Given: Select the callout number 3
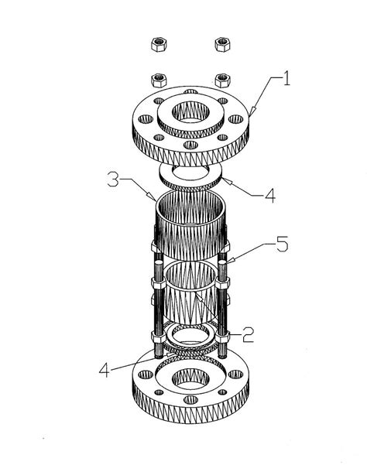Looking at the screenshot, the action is [x=113, y=180].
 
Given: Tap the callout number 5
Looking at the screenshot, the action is [x=282, y=244].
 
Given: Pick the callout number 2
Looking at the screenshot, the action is [x=248, y=335].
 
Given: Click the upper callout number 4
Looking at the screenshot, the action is [x=270, y=195].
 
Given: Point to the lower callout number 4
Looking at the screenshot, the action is [x=104, y=370].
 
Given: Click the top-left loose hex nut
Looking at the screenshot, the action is [x=159, y=44].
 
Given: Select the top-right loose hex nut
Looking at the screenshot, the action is [x=223, y=44].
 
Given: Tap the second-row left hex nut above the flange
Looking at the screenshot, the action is [x=159, y=80].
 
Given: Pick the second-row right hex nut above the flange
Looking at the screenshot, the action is [x=223, y=80].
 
